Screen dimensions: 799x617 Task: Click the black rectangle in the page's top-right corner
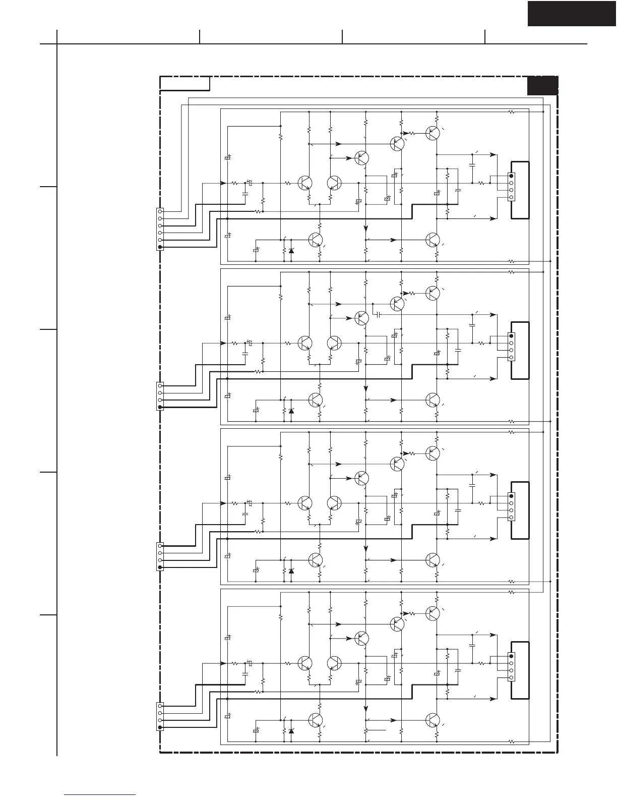click(572, 13)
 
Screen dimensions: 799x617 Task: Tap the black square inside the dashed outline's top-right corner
click(542, 86)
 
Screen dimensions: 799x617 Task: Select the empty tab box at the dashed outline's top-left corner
click(185, 84)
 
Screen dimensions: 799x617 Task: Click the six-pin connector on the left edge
click(160, 230)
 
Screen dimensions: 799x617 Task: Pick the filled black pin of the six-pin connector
click(160, 247)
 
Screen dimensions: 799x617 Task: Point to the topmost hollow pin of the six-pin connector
click(160, 212)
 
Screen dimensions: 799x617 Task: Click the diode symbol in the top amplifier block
click(291, 250)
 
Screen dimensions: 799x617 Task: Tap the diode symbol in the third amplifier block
click(291, 570)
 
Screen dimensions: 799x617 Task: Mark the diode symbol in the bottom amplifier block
click(291, 730)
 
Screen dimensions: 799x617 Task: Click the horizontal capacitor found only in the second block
click(378, 315)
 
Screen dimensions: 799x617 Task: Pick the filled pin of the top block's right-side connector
click(511, 176)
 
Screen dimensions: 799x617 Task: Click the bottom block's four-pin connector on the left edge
click(160, 716)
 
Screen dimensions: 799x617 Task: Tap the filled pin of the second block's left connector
click(160, 407)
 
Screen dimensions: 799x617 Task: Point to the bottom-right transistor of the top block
click(433, 240)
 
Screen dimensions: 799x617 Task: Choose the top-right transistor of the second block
click(433, 293)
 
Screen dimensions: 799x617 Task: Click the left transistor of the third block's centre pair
click(304, 503)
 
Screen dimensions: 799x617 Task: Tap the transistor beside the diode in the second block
click(316, 400)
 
